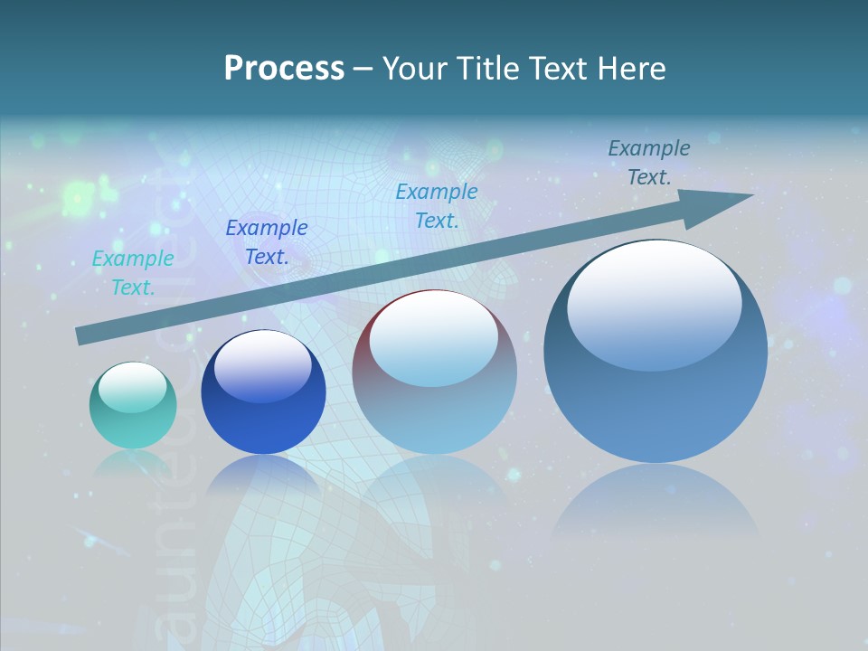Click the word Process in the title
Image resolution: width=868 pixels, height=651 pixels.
[x=284, y=69]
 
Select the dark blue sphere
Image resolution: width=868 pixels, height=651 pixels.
[x=263, y=393]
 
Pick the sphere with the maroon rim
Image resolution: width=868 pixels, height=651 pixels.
[x=434, y=373]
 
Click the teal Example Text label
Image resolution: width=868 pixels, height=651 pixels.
[x=133, y=273]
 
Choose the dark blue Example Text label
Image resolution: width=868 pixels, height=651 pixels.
[x=267, y=242]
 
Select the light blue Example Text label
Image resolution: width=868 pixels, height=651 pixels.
[x=437, y=206]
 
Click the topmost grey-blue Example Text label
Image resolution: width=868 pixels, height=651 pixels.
[x=649, y=163]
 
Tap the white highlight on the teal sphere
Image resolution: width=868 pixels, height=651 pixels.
[x=132, y=387]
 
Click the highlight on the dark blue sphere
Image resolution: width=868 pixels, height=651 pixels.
[x=262, y=366]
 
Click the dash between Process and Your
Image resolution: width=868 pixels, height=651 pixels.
[x=363, y=69]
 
